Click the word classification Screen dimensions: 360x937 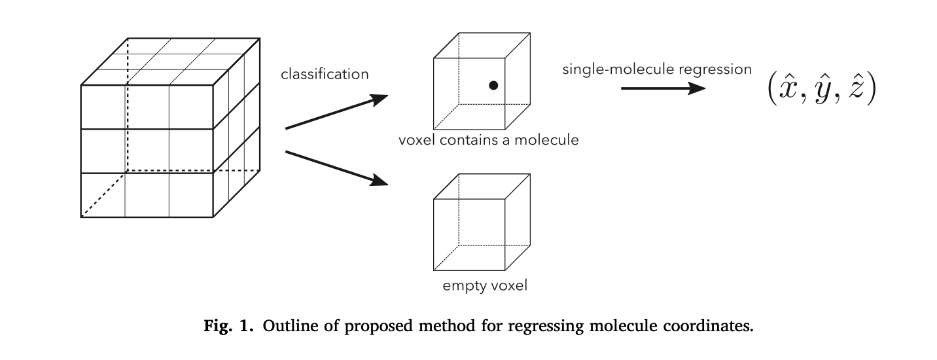[x=325, y=74]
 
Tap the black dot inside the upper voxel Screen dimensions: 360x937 [x=493, y=85]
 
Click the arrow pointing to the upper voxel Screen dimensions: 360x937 [x=336, y=113]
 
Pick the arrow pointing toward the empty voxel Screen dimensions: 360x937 [x=336, y=168]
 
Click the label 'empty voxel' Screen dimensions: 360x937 [x=484, y=285]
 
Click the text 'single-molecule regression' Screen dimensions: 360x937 [x=657, y=69]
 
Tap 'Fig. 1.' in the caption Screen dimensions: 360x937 [x=230, y=327]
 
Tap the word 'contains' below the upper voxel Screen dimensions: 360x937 [x=467, y=139]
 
